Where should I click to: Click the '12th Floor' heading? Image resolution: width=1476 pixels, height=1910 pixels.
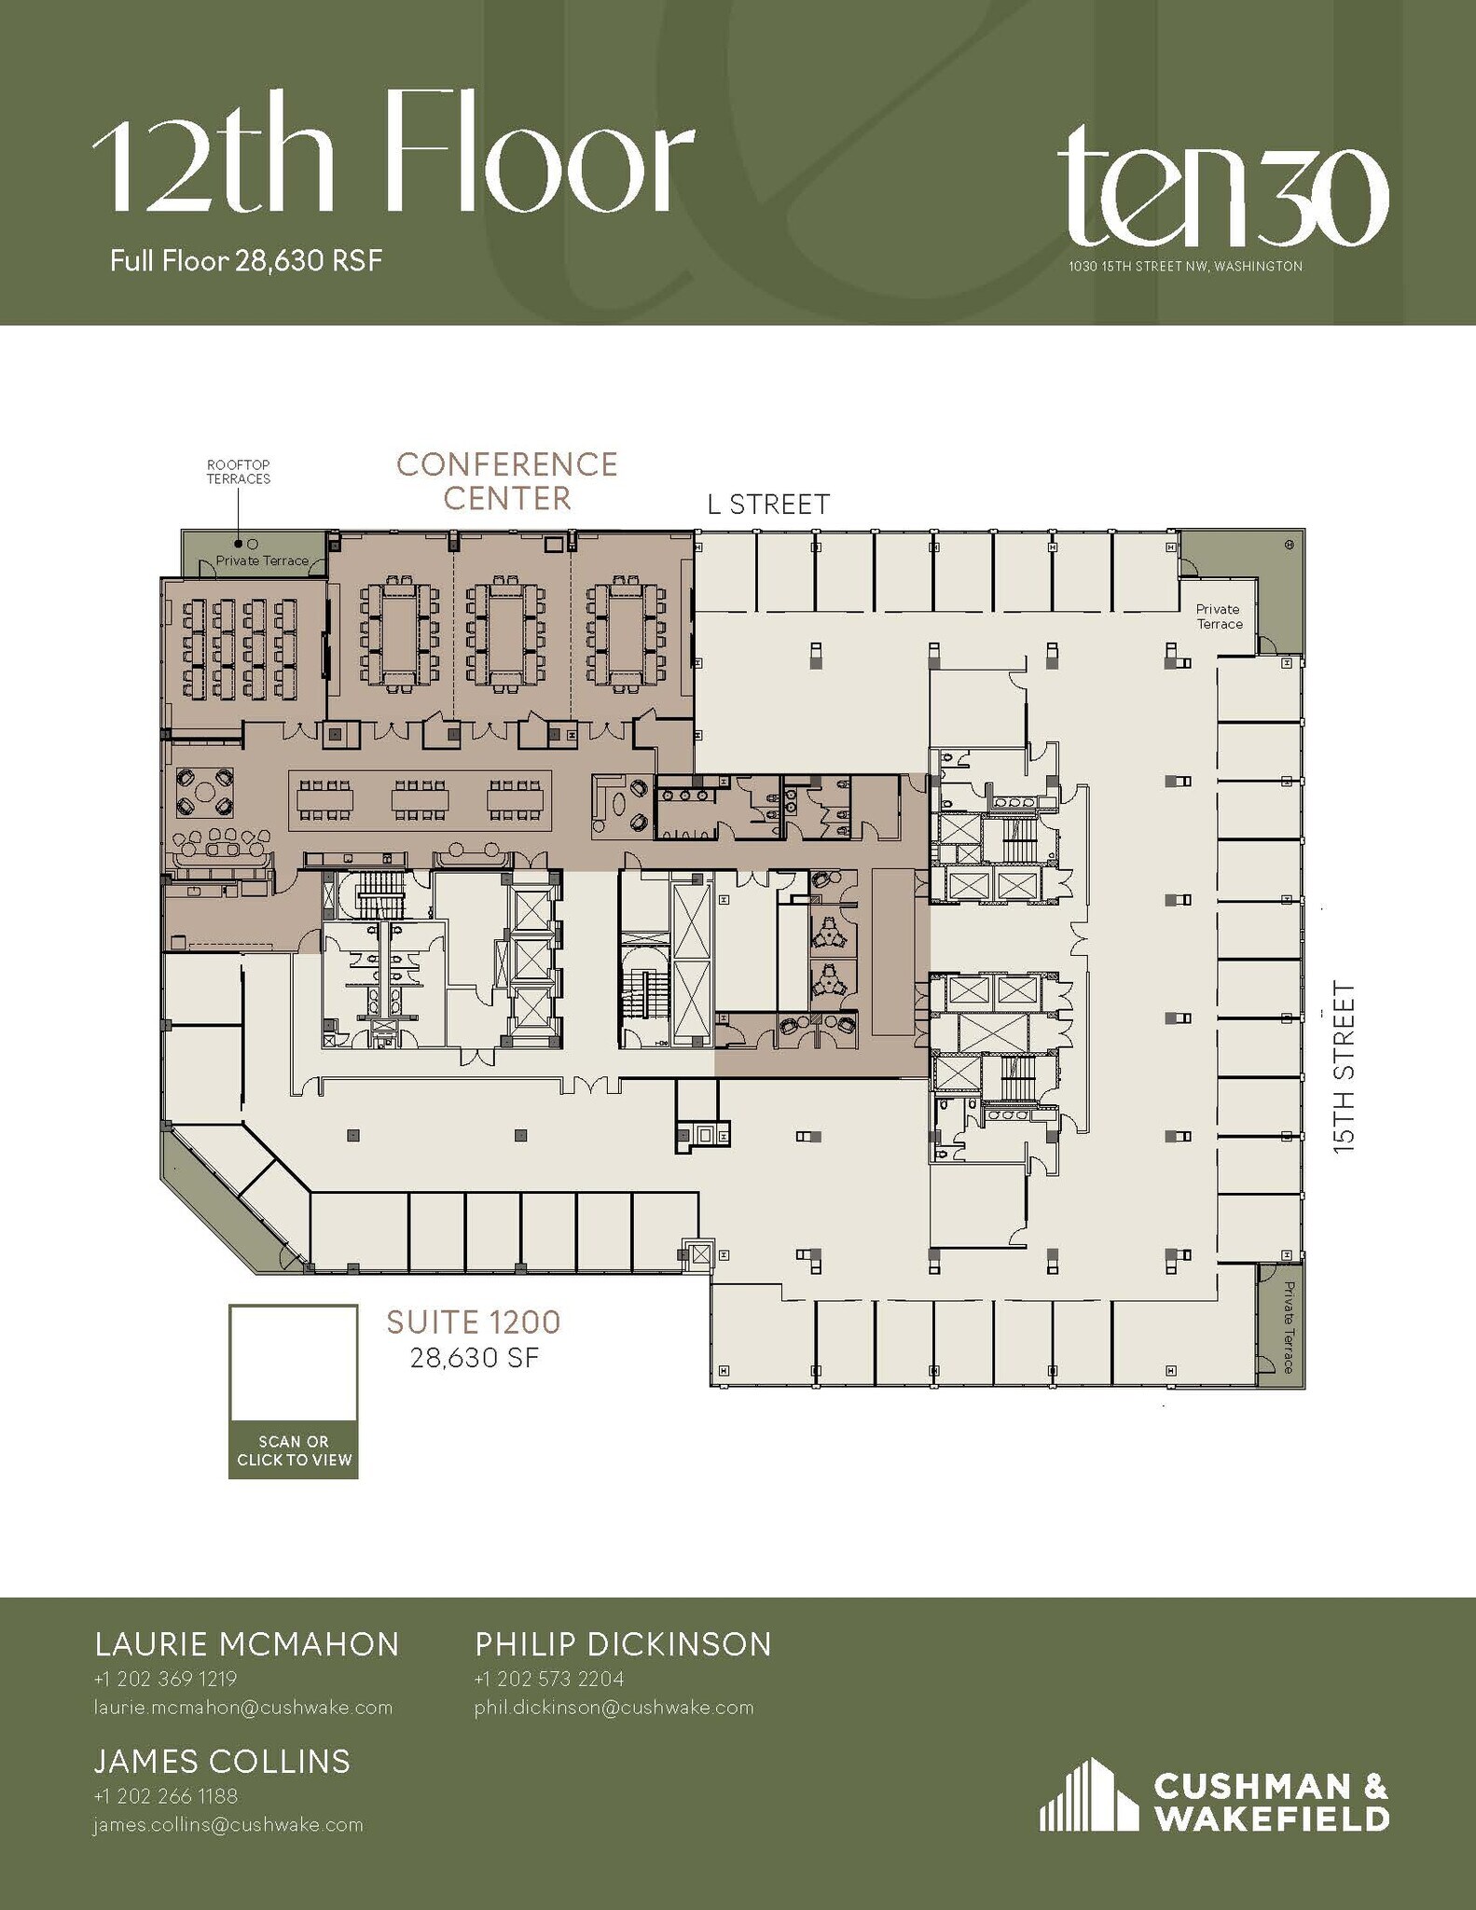click(x=392, y=166)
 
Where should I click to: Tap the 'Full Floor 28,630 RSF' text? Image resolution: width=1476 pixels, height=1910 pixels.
click(x=246, y=260)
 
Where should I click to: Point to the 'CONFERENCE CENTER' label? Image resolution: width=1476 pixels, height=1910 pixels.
click(x=507, y=481)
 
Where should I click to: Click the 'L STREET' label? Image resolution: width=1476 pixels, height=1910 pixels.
click(x=768, y=505)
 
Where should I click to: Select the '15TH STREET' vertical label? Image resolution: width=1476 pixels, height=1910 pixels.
click(x=1343, y=1067)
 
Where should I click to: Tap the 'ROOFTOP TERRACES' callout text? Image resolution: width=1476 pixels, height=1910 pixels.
click(x=239, y=472)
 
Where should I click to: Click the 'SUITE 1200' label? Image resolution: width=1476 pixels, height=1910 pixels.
click(x=474, y=1322)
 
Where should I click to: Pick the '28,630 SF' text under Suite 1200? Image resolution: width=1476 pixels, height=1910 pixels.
click(x=474, y=1358)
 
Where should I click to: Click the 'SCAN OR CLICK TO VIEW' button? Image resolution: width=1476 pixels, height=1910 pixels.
click(x=294, y=1450)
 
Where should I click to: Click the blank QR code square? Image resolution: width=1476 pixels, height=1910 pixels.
click(x=294, y=1363)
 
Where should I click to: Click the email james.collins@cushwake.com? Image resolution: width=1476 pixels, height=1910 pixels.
click(x=228, y=1825)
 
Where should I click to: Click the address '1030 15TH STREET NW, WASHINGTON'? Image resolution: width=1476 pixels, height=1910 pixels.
click(x=1185, y=267)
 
